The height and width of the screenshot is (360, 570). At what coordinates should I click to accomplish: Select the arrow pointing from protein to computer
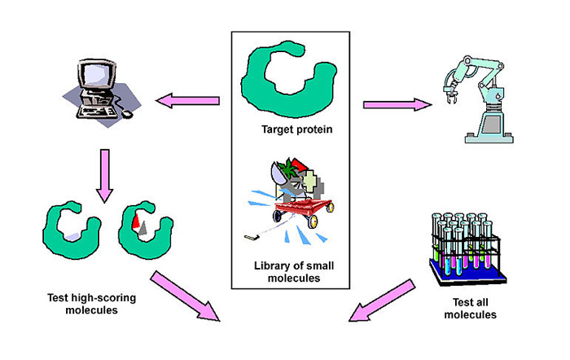(188, 101)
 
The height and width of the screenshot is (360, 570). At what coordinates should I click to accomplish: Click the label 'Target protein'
(291, 130)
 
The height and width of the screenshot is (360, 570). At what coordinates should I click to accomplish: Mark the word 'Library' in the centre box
(272, 266)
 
